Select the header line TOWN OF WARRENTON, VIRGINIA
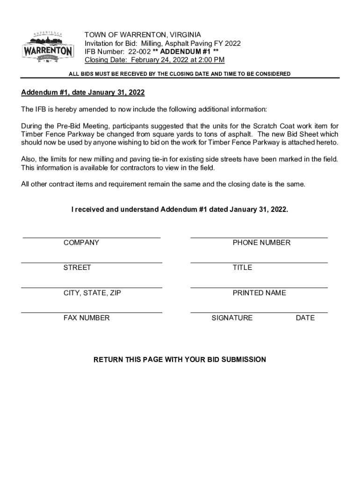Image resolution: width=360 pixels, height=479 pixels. click(x=143, y=35)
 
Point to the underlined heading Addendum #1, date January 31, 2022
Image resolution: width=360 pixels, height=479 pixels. click(x=83, y=93)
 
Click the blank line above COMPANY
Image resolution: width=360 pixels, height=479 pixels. click(x=92, y=238)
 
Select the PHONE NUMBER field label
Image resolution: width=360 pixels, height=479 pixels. click(x=261, y=243)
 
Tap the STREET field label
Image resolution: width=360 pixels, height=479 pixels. click(x=77, y=268)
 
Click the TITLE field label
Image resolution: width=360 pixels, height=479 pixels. click(x=242, y=268)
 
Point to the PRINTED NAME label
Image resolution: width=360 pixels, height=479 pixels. click(x=259, y=293)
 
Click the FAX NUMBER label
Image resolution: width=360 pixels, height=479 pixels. click(x=86, y=318)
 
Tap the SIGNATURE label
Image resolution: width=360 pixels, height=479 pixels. click(x=232, y=318)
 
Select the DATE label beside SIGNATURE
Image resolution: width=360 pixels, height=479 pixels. click(x=305, y=318)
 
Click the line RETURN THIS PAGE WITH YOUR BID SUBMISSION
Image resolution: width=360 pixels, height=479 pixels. click(x=180, y=360)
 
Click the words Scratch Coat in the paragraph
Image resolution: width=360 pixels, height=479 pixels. click(x=274, y=126)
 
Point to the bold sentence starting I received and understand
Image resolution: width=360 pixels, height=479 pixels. click(x=180, y=210)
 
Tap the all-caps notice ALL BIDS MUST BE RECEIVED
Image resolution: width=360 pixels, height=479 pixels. click(x=180, y=74)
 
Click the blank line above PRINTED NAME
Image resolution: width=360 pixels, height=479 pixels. click(x=259, y=288)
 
